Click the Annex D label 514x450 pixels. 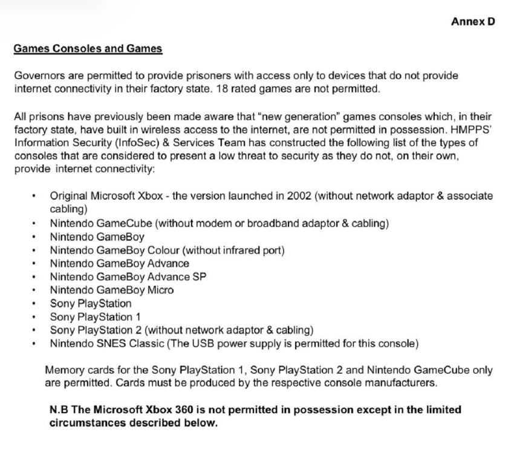pyautogui.click(x=473, y=22)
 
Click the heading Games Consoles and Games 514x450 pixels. pyautogui.click(x=88, y=49)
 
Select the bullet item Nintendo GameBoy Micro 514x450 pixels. pyautogui.click(x=112, y=290)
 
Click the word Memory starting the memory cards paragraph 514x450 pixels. pyautogui.click(x=64, y=370)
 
